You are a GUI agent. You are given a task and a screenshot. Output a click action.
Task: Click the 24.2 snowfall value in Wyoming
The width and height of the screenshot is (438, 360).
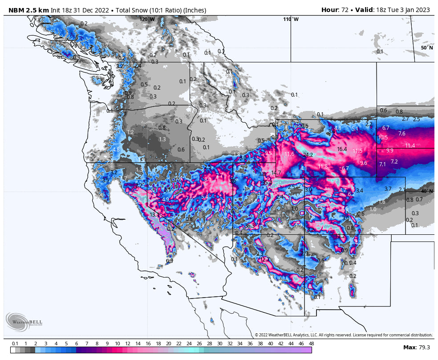[308, 155]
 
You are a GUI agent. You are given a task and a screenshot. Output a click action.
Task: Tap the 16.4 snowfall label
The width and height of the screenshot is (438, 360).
[342, 149]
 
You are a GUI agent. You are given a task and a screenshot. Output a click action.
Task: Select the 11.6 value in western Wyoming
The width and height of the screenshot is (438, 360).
[289, 154]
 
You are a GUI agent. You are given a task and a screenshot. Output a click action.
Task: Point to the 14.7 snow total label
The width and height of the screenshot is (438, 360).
[276, 173]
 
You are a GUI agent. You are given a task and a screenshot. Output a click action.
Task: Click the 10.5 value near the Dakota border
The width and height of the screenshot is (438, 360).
[383, 138]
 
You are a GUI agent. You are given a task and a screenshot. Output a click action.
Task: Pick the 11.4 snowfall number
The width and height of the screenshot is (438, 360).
[410, 146]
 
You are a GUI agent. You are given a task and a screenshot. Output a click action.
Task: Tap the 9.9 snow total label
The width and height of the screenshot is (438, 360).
[389, 151]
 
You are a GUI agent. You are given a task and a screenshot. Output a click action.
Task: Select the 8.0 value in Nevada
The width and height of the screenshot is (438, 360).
[208, 180]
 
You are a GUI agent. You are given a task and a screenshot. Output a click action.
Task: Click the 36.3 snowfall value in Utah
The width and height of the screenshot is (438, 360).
[250, 226]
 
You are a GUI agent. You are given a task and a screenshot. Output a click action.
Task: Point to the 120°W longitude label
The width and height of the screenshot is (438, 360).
[147, 19]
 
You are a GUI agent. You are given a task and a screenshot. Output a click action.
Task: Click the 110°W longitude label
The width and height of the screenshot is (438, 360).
[291, 19]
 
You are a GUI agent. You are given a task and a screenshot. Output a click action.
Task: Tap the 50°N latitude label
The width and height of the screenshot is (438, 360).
[426, 47]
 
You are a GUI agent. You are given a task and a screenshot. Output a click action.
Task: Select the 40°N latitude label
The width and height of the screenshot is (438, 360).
[426, 191]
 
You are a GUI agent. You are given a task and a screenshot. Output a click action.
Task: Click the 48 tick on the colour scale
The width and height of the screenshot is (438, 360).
[311, 344]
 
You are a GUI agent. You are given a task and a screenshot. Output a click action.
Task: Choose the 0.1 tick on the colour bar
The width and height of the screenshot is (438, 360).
[15, 344]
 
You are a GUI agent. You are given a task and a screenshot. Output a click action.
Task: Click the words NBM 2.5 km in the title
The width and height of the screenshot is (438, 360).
[26, 10]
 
